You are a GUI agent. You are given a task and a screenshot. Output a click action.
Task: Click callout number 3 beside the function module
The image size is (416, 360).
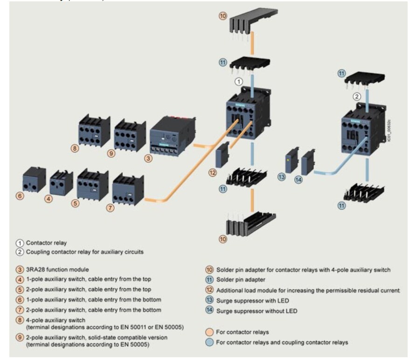[x=148, y=158]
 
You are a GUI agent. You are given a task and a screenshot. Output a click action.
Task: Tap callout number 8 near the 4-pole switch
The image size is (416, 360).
[x=74, y=149]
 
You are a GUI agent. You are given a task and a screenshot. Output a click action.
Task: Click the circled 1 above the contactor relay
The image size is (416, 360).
[x=238, y=81]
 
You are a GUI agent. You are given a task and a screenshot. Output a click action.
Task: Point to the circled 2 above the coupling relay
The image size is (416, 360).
[x=357, y=97]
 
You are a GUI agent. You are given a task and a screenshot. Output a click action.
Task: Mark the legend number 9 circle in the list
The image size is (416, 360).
[x=19, y=337]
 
